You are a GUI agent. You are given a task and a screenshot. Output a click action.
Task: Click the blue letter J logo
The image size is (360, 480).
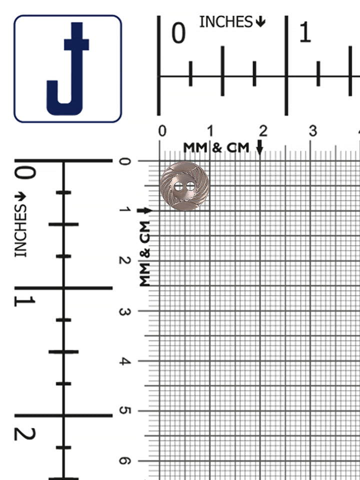tap(67, 69)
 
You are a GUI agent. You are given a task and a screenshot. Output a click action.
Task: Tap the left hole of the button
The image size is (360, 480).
tap(178, 186)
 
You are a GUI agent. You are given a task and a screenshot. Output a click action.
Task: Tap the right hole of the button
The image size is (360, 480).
tap(190, 186)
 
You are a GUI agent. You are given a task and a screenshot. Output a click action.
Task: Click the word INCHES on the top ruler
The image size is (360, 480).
tap(226, 22)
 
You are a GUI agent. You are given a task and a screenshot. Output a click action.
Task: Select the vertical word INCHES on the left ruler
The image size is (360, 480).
tap(20, 231)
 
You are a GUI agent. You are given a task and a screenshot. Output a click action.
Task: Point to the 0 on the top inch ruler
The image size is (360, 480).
tap(178, 33)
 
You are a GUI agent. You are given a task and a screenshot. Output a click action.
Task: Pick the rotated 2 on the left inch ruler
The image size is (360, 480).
tap(25, 434)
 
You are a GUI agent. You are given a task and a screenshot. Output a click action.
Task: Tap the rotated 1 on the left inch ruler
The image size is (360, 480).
tap(24, 301)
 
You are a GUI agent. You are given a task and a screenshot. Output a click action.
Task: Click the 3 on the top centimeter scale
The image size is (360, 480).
tap(313, 131)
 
